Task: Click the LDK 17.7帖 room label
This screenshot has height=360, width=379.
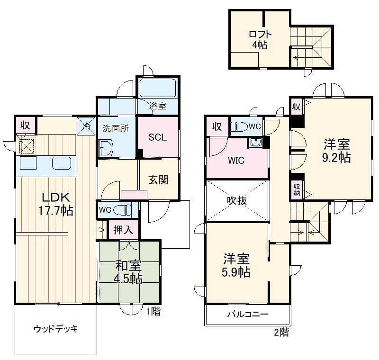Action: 55,204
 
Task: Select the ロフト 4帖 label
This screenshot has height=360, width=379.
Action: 259,39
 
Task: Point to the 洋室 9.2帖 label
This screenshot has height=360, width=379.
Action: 337,151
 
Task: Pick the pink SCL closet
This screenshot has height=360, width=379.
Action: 158,137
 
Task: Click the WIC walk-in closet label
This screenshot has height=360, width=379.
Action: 236,161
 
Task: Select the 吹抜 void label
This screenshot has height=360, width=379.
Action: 236,200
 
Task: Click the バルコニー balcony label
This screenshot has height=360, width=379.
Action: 247,315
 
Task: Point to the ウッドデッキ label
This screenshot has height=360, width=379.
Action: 55,329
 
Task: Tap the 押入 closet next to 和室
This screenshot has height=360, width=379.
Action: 123,231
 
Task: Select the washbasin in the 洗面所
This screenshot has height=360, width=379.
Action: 105,148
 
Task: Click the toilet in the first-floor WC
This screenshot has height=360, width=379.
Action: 125,209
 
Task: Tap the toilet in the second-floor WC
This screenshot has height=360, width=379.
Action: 239,126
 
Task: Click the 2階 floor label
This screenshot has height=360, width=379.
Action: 281,332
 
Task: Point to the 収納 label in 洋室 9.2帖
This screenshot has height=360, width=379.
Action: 297,189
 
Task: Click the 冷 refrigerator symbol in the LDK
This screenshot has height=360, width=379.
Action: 86,126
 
